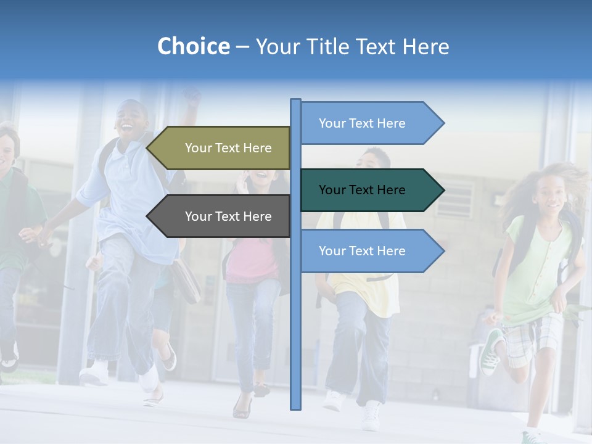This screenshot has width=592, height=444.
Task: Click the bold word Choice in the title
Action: tap(193, 46)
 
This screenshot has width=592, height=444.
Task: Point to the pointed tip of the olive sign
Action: tap(149, 148)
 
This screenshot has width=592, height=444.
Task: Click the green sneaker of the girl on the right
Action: tap(491, 352)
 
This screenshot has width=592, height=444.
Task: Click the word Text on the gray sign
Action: tap(228, 216)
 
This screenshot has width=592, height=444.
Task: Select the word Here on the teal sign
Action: tap(389, 190)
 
